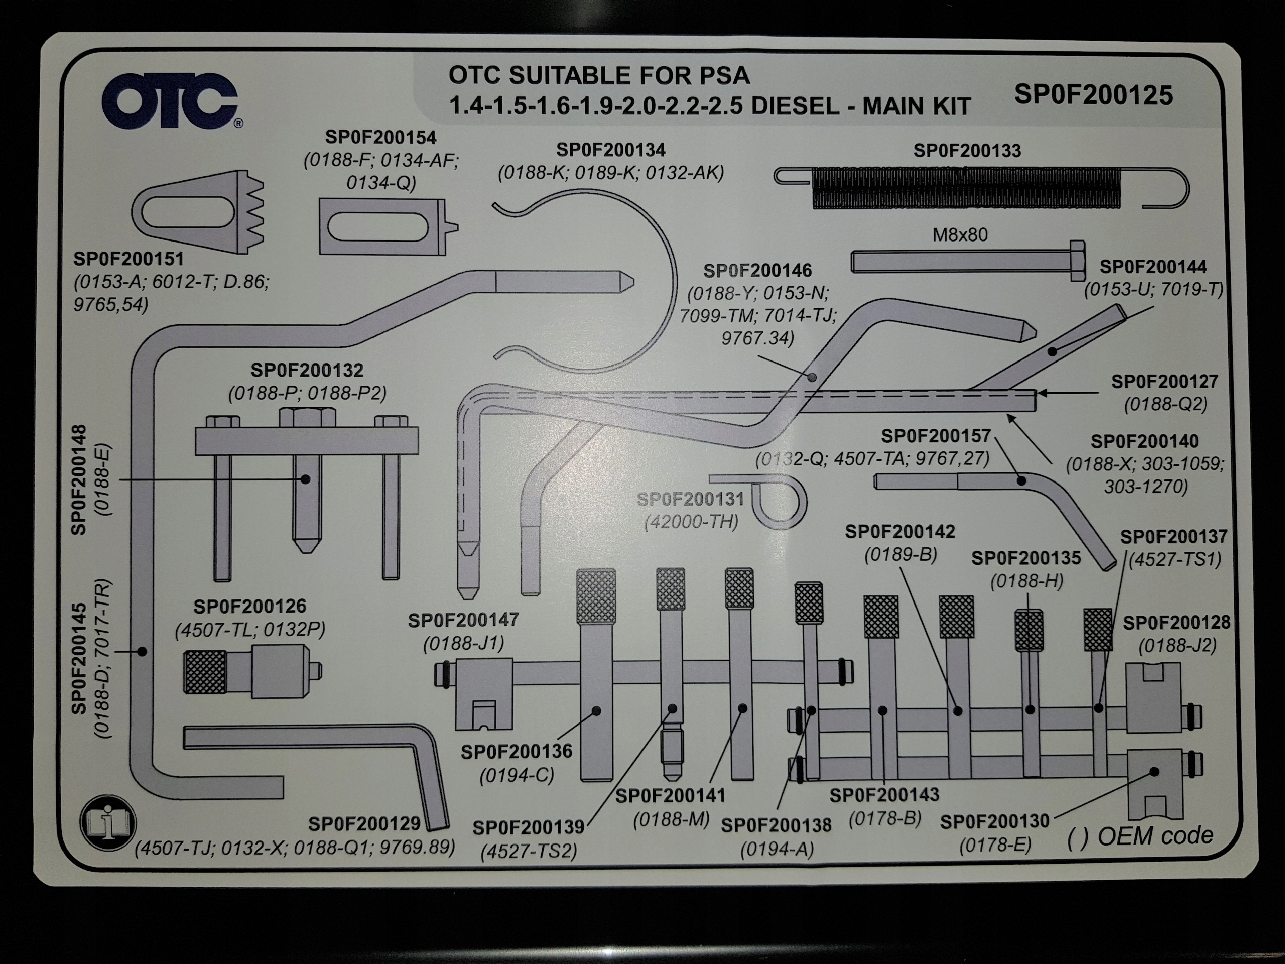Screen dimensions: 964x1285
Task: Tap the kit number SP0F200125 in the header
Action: tap(1093, 95)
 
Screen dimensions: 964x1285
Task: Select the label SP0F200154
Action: tap(380, 137)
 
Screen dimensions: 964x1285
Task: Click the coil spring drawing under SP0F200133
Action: tap(967, 188)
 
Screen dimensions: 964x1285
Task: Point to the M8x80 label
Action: tap(960, 235)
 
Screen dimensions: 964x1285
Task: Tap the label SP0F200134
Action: tap(610, 150)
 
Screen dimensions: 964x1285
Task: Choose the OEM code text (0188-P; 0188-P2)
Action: tap(307, 394)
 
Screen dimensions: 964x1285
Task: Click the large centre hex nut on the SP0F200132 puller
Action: tap(307, 417)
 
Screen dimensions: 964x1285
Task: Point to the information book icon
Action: tap(108, 822)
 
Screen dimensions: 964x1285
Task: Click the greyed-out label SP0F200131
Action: tap(690, 499)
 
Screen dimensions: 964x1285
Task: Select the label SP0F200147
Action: tap(463, 621)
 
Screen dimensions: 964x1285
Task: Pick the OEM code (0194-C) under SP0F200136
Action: tap(517, 776)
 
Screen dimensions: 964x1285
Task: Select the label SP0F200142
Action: tap(899, 532)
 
